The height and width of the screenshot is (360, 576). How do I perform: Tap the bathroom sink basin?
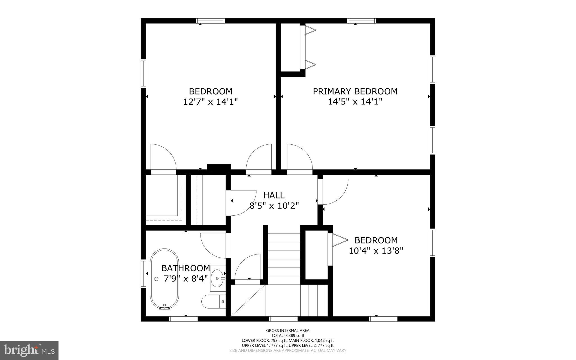pos(218,278)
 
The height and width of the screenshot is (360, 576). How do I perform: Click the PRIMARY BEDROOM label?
pos(355,91)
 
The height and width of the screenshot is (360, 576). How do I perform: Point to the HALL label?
pos(274,195)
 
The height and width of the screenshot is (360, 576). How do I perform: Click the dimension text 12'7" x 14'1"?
pos(210,102)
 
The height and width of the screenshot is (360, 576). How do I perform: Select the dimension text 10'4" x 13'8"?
pos(376,251)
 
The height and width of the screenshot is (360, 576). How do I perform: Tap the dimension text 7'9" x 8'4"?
pos(186,279)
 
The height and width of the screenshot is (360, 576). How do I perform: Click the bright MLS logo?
pos(29,350)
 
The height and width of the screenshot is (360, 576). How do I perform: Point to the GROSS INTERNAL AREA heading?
pos(288,331)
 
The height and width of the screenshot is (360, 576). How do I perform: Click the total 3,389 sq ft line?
pos(288,336)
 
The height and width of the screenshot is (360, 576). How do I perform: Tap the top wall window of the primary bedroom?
pos(362,21)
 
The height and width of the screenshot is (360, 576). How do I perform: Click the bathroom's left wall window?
pos(143,274)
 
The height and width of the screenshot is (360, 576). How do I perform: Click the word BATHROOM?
pos(186,268)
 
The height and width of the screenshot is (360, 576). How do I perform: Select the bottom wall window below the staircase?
pos(283,319)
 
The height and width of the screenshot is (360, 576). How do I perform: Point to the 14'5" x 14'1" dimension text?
pos(355,102)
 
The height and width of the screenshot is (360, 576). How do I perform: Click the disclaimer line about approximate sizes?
pos(288,350)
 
